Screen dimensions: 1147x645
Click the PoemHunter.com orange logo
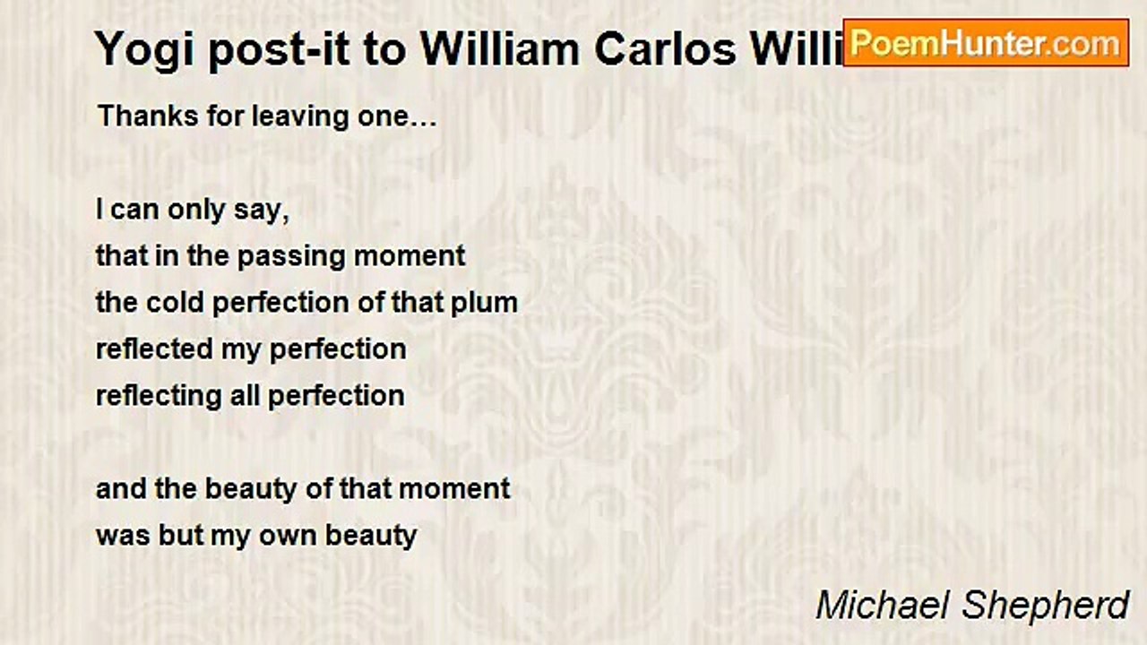(986, 43)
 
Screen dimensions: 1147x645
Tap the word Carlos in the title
(665, 49)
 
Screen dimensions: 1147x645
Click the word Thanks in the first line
(148, 116)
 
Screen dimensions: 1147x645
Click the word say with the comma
(262, 211)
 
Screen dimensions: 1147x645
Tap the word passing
(291, 257)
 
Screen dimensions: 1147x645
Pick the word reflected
(154, 348)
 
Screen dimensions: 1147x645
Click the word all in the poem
(245, 396)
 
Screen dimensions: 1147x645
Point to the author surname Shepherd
(1046, 606)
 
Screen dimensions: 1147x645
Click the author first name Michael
(884, 605)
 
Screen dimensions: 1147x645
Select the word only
(196, 211)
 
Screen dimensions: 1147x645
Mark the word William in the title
(500, 49)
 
